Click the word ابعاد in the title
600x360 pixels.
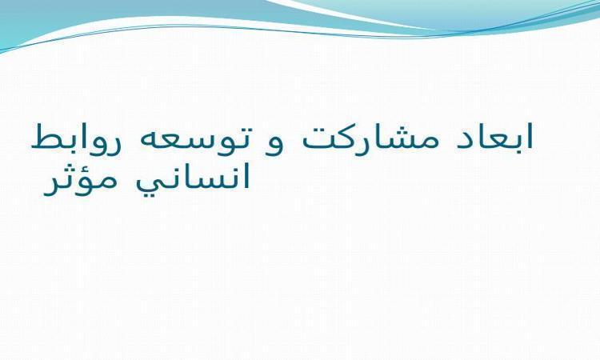[494, 136]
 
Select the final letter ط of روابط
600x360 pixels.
[45, 137]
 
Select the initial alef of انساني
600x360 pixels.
[246, 176]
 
